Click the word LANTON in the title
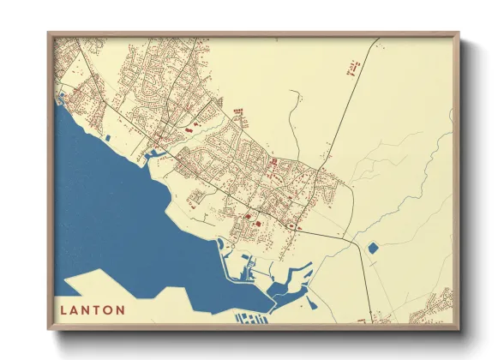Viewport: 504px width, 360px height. click(x=93, y=309)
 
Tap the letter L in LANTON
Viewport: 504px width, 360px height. click(x=64, y=309)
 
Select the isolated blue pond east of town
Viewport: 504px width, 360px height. click(x=373, y=249)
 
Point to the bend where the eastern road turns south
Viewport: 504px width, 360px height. click(x=357, y=243)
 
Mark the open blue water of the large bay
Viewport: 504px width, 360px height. click(x=111, y=214)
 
